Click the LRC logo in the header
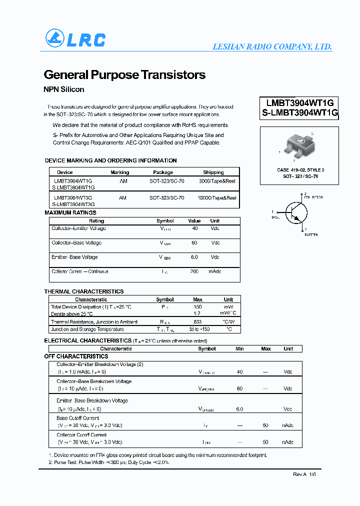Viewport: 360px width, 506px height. pyautogui.click(x=75, y=39)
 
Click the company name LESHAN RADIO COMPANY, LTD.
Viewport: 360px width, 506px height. pyautogui.click(x=272, y=46)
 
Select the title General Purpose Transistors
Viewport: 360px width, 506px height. pyautogui.click(x=124, y=75)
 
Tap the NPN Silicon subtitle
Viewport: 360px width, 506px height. pyautogui.click(x=64, y=89)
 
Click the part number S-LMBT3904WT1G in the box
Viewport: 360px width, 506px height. pyautogui.click(x=300, y=113)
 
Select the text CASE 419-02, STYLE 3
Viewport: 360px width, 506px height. pyautogui.click(x=300, y=170)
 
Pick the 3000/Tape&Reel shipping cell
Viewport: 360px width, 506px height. pyautogui.click(x=216, y=181)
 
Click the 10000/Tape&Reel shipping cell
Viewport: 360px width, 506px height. pyautogui.click(x=216, y=198)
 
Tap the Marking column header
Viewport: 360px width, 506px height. pyautogui.click(x=119, y=172)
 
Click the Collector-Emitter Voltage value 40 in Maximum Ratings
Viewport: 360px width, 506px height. pyautogui.click(x=194, y=228)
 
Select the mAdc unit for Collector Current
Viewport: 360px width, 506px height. pyautogui.click(x=215, y=271)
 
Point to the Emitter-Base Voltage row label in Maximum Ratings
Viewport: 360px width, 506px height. pyautogui.click(x=74, y=257)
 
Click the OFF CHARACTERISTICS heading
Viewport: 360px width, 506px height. pyautogui.click(x=76, y=356)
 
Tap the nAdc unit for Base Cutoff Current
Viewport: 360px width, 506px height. pyautogui.click(x=288, y=425)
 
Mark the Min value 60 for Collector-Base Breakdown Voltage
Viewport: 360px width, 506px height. pyautogui.click(x=239, y=388)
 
